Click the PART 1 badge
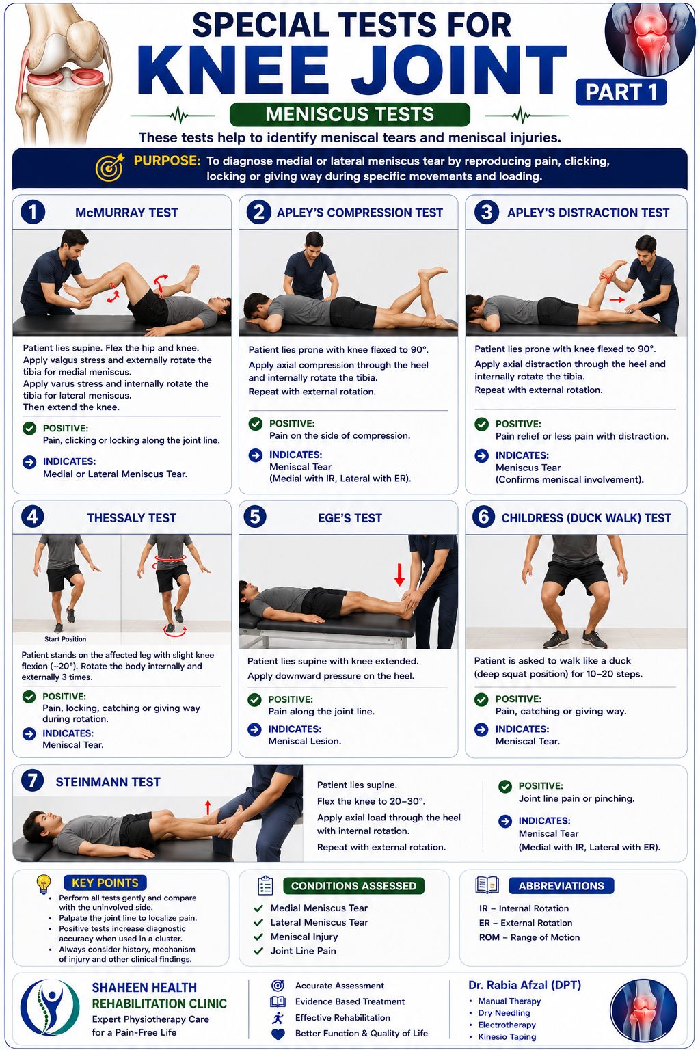(x=621, y=92)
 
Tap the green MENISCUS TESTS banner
(x=350, y=114)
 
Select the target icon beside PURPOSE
(x=110, y=167)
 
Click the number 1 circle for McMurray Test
(x=33, y=213)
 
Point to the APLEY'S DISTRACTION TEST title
(x=588, y=213)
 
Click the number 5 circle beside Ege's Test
(x=255, y=517)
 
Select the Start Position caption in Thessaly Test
(x=65, y=639)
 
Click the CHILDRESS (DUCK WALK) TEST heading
(x=586, y=518)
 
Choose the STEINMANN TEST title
(x=108, y=782)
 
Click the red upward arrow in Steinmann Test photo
(x=208, y=807)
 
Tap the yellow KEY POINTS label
(x=105, y=883)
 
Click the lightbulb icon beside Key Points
(x=44, y=884)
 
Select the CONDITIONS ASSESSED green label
(x=353, y=886)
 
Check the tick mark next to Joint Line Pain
(x=258, y=951)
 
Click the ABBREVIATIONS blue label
(x=561, y=886)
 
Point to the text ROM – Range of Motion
(x=529, y=937)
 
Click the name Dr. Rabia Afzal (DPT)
(x=524, y=985)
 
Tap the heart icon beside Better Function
(x=278, y=1034)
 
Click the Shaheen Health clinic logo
(x=49, y=1008)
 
